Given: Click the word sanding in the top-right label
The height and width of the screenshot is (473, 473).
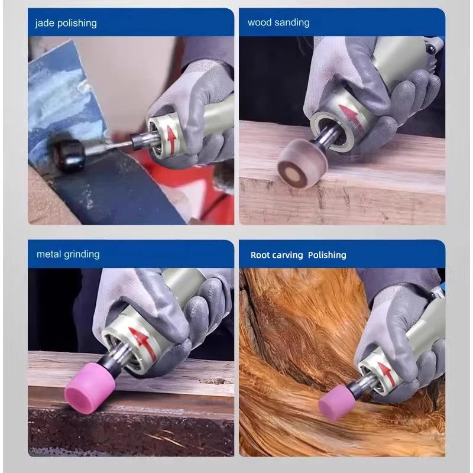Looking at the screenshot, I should (x=292, y=22).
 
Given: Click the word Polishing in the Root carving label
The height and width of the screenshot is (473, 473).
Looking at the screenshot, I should (x=327, y=255).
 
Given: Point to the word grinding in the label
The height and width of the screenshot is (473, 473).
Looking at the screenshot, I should (x=82, y=254).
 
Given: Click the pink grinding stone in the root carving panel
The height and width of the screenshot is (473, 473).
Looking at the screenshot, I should (x=336, y=404).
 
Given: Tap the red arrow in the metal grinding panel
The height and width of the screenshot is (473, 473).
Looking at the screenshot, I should (x=142, y=343).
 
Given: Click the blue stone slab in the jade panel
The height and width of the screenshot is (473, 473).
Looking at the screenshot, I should (x=59, y=101).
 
